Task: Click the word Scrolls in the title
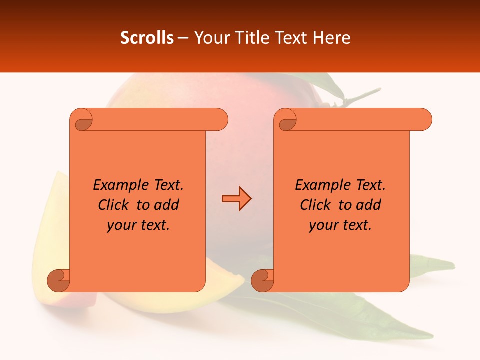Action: pos(147,38)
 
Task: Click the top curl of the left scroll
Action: pos(82,120)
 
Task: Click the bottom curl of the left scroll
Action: pos(58,280)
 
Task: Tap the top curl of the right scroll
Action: pos(287,120)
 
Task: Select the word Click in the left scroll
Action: pos(114,205)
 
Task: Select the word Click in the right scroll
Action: pos(315,205)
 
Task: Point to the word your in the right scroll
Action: pos(322,225)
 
